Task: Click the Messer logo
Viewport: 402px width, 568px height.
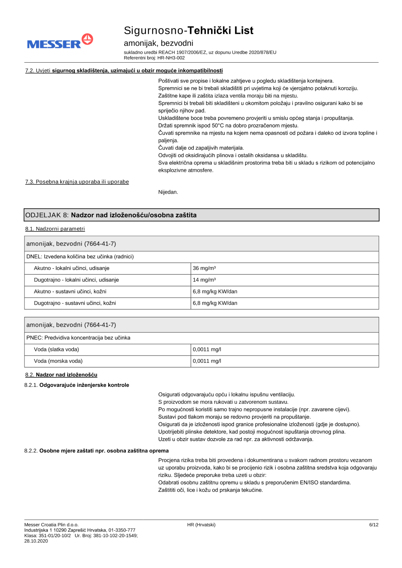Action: click(x=60, y=41)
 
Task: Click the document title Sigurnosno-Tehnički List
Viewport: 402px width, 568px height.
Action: click(x=189, y=31)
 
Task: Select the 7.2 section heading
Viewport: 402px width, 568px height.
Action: click(x=124, y=71)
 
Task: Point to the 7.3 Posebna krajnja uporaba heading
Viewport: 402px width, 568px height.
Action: click(x=77, y=182)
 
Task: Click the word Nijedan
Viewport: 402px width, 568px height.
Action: click(x=168, y=192)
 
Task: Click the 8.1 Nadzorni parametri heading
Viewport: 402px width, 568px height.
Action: click(x=55, y=229)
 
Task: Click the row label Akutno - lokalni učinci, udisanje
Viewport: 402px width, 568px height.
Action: click(x=72, y=268)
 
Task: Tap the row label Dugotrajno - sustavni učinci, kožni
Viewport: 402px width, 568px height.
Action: click(x=75, y=303)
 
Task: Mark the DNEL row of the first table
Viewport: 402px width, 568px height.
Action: click(x=80, y=257)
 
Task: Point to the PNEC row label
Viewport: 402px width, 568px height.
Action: click(x=78, y=338)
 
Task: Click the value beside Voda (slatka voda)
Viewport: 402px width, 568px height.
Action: click(x=207, y=349)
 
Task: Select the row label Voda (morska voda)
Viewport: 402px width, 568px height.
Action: click(x=58, y=361)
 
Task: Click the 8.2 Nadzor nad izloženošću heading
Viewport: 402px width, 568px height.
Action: click(x=61, y=375)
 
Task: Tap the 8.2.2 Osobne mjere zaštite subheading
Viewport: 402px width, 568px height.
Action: click(x=96, y=451)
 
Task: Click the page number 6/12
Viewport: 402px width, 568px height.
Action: click(x=373, y=525)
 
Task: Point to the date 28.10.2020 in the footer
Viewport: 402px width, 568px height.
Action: click(x=36, y=541)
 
